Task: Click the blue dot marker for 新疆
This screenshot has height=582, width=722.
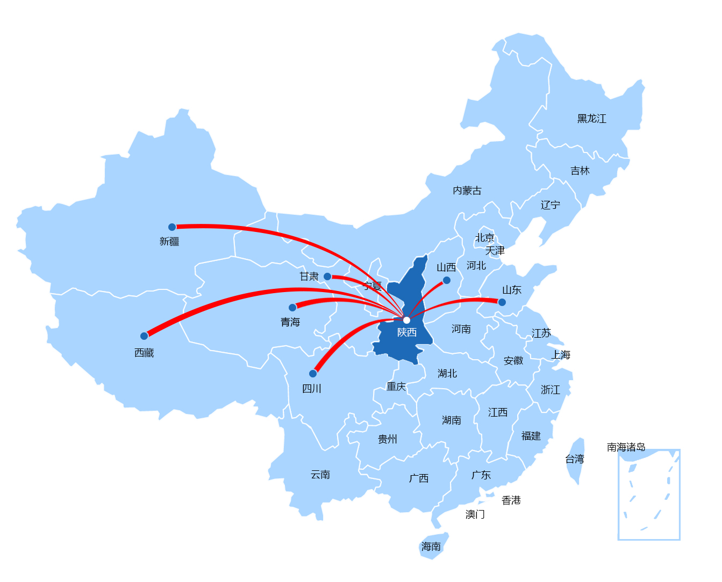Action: click(172, 227)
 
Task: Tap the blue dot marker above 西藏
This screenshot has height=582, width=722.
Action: click(144, 336)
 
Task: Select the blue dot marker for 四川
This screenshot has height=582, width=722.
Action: click(313, 374)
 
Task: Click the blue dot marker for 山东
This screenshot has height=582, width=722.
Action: click(502, 302)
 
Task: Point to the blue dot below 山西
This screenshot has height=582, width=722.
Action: click(447, 280)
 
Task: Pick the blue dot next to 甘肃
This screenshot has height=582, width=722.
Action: click(327, 277)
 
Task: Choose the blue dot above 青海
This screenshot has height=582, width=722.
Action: click(292, 308)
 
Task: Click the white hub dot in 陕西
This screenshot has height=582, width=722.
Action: click(406, 320)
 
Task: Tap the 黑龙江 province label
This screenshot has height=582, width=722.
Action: click(591, 119)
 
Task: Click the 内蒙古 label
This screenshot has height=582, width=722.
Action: click(467, 191)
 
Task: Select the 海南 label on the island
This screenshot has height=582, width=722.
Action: click(431, 547)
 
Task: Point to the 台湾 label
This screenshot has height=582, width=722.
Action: click(574, 459)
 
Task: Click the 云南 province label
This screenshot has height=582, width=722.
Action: click(320, 475)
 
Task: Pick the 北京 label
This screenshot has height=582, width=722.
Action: click(484, 238)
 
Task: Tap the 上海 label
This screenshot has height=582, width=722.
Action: click(560, 355)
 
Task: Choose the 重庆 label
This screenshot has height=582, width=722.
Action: click(396, 387)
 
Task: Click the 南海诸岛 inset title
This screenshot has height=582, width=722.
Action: click(626, 447)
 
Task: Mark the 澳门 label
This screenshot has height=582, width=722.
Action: click(475, 514)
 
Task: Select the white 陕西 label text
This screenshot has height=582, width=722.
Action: click(407, 332)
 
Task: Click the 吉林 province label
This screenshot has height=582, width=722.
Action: click(580, 171)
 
